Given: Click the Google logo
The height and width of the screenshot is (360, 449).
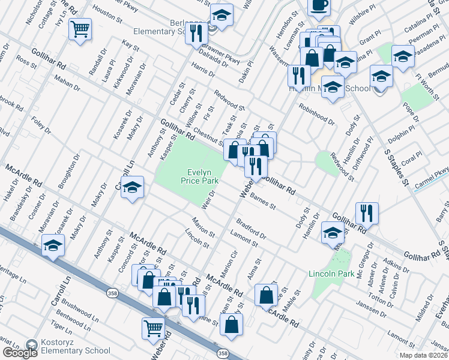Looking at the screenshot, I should click(x=19, y=353).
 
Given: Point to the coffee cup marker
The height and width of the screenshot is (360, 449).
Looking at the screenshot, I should click(x=319, y=5).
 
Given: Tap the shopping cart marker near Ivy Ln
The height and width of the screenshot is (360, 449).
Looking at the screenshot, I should click(x=80, y=28).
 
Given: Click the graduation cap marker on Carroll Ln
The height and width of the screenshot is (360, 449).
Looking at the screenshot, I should click(x=132, y=187).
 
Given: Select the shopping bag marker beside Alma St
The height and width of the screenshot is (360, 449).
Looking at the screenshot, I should click(x=266, y=295).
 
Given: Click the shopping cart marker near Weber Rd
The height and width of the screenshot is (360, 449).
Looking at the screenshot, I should click(x=154, y=328).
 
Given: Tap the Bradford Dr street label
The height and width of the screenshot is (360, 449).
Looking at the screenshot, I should click(x=252, y=230).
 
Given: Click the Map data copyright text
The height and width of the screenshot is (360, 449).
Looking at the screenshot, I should click(x=423, y=355).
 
